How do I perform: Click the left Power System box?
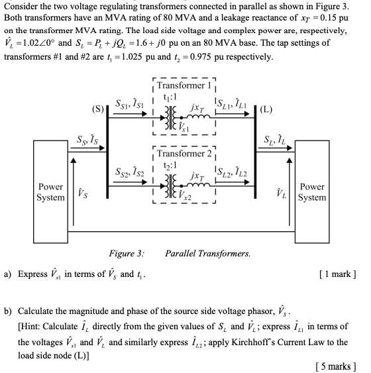coord(51,192)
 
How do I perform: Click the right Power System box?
coord(312,192)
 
